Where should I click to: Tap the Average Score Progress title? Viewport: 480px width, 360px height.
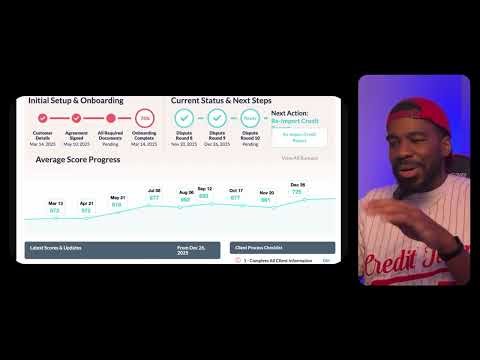(x=78, y=159)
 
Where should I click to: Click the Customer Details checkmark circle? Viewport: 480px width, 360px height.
(x=43, y=119)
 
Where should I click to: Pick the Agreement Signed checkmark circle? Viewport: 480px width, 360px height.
(x=76, y=119)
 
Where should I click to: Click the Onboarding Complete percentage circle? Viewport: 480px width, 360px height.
(x=143, y=119)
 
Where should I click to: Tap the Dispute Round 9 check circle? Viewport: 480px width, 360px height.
(x=218, y=119)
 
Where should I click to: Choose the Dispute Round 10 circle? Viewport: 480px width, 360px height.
(x=250, y=119)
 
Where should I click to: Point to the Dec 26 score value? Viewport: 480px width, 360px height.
(x=297, y=191)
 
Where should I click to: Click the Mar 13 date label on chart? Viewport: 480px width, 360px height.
(x=56, y=204)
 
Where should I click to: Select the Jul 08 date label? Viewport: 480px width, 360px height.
(x=154, y=190)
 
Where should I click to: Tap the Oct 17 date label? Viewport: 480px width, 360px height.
(x=236, y=191)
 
